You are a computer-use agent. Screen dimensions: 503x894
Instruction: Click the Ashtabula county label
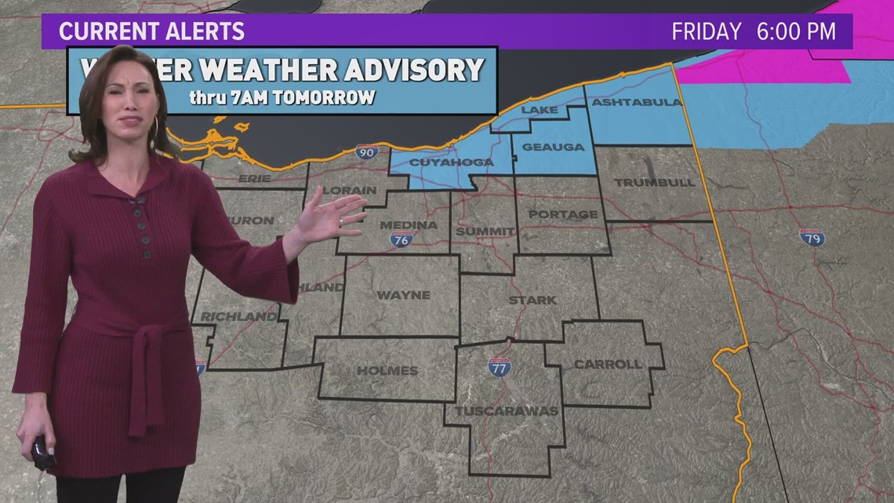coord(637,102)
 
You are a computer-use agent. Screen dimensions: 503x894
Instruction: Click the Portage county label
coord(562,214)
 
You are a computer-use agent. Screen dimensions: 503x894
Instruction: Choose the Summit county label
coord(485,231)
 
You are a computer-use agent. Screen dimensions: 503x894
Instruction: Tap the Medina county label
coord(408,225)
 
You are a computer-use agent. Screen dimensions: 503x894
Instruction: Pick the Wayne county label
coord(403,295)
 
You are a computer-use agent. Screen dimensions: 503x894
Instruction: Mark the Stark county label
coord(532,300)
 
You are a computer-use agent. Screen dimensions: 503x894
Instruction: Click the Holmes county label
coord(387,370)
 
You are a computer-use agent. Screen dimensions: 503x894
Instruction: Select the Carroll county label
coord(608,364)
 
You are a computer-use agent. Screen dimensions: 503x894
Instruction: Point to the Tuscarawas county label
coord(506,410)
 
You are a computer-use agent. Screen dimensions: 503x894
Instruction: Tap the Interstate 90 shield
coord(366,151)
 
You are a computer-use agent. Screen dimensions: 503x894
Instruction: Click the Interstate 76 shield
coord(401,240)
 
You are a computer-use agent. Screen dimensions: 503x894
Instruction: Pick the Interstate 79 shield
coord(812,237)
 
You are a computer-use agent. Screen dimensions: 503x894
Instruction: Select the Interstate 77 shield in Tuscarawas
coord(499,367)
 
